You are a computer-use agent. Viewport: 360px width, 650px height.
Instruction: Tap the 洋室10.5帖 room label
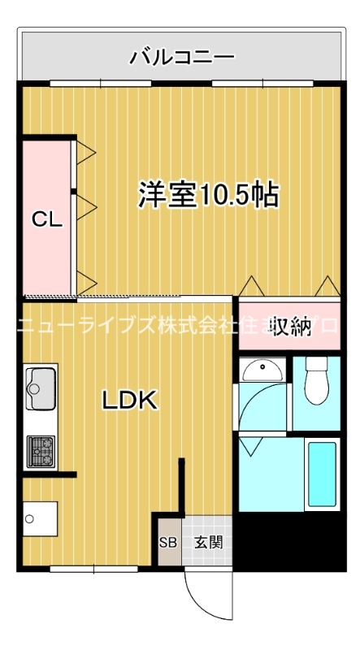pyautogui.click(x=209, y=195)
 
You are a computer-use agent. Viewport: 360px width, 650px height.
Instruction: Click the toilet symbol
pyautogui.click(x=315, y=382)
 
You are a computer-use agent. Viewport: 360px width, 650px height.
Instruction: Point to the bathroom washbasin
pyautogui.click(x=262, y=370)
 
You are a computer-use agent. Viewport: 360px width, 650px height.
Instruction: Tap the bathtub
pyautogui.click(x=322, y=474)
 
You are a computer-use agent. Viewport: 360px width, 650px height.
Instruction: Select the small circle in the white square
pyautogui.click(x=30, y=518)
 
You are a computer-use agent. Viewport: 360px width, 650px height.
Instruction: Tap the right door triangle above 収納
pyautogui.click(x=327, y=286)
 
